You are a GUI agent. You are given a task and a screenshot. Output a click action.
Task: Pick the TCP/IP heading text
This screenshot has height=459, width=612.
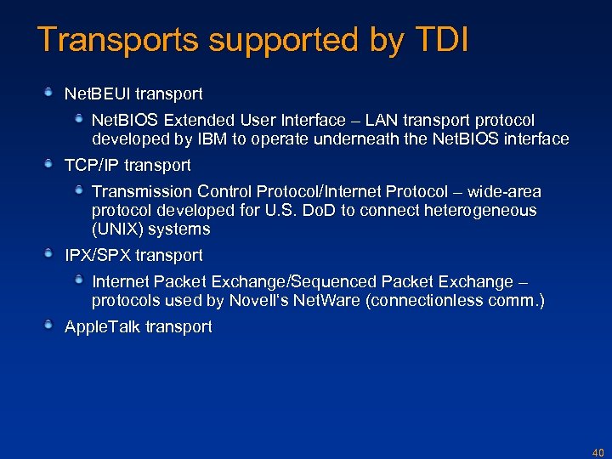[93, 165]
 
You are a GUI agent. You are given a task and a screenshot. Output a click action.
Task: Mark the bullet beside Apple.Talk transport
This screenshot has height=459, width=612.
[50, 326]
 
